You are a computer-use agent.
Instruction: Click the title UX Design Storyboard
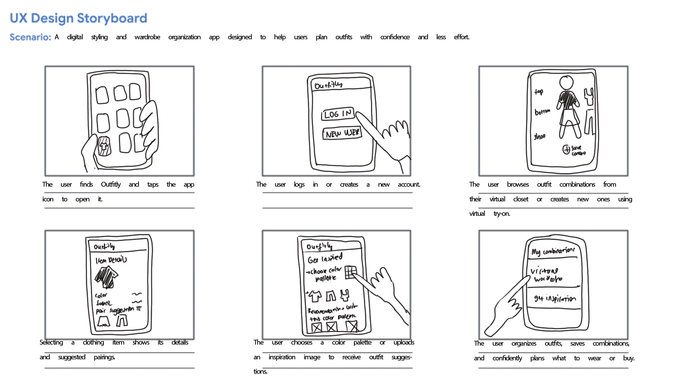[78, 18]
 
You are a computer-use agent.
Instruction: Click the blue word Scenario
[30, 37]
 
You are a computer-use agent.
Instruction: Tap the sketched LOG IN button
[338, 114]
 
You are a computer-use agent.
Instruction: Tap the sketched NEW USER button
[342, 133]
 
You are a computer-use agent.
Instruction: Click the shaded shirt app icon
[104, 146]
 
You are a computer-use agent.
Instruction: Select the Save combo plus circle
[566, 149]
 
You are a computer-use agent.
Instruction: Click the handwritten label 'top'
[539, 92]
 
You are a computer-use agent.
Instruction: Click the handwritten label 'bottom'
[542, 112]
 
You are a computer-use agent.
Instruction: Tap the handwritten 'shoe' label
[539, 137]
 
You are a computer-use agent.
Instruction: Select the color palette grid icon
[351, 272]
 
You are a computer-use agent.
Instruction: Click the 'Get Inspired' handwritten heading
[325, 259]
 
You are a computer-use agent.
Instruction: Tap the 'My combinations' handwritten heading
[553, 251]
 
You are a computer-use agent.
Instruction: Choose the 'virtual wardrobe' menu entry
[547, 275]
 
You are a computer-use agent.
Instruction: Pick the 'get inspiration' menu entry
[555, 299]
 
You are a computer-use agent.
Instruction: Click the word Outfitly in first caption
[111, 185]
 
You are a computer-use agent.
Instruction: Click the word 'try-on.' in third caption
[502, 214]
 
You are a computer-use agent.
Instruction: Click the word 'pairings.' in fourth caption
[104, 357]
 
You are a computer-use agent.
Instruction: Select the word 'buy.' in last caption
[628, 358]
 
